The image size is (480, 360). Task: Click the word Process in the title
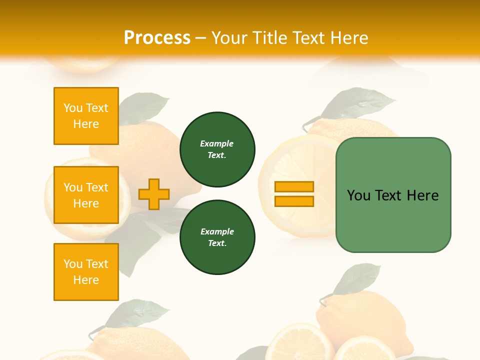[x=157, y=37]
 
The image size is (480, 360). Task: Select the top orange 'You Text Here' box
[x=86, y=116]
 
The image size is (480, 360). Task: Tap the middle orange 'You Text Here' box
[x=86, y=195]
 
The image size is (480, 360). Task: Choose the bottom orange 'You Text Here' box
[x=86, y=272]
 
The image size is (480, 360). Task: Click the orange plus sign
[x=154, y=194]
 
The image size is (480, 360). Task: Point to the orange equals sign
[x=294, y=194]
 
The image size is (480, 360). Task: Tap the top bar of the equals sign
[x=294, y=187]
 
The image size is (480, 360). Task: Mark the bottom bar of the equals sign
[x=294, y=201]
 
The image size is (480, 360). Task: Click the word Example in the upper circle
[x=216, y=143]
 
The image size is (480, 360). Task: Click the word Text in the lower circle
[x=216, y=243]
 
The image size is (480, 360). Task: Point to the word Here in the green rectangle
[x=422, y=195]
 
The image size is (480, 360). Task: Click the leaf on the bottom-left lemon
[x=137, y=312]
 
